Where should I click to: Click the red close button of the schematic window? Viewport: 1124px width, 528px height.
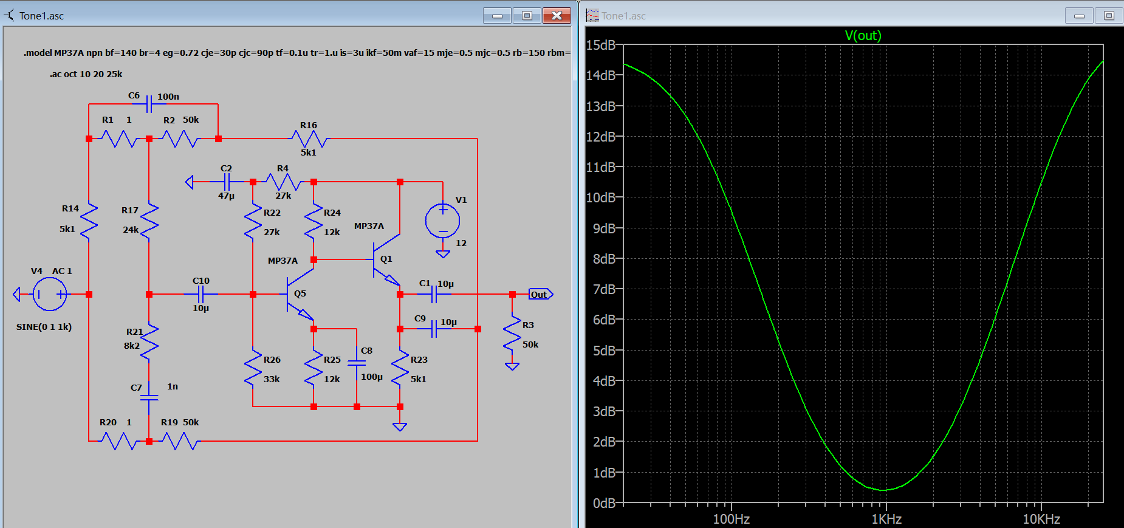(557, 16)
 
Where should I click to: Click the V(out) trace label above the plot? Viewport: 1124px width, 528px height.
(863, 35)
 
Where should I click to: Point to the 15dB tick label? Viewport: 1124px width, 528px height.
(601, 45)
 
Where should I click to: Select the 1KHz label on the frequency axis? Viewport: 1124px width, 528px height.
(886, 519)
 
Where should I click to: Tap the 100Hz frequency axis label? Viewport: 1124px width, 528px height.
(731, 519)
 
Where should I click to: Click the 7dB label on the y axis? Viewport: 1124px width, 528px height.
(605, 289)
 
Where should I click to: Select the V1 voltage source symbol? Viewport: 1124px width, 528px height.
(443, 221)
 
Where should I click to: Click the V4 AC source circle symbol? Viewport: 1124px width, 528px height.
(50, 295)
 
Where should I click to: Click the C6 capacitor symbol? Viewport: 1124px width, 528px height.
(149, 104)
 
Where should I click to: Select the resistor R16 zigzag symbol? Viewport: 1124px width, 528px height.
(309, 139)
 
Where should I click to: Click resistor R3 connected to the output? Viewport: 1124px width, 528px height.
(512, 333)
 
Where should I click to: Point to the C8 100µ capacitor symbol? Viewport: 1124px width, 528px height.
(357, 363)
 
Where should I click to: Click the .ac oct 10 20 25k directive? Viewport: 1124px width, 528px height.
(86, 74)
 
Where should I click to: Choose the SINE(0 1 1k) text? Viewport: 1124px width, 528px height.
(44, 327)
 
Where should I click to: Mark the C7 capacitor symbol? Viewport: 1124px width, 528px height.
(149, 398)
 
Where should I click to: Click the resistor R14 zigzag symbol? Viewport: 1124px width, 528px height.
(89, 221)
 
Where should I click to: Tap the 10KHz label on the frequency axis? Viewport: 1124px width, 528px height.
(1041, 519)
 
